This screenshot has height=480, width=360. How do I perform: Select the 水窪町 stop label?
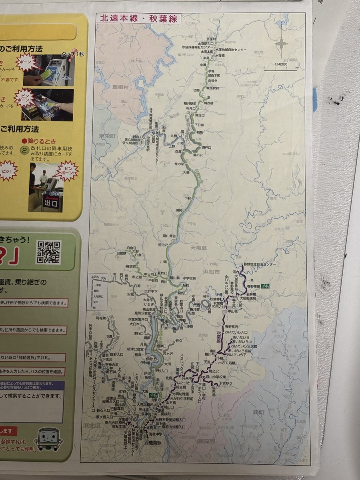click(x=208, y=51)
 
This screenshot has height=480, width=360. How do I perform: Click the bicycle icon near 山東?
click(x=153, y=395)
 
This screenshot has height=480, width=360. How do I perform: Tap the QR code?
click(x=48, y=252)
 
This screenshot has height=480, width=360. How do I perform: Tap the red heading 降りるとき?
click(x=40, y=141)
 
